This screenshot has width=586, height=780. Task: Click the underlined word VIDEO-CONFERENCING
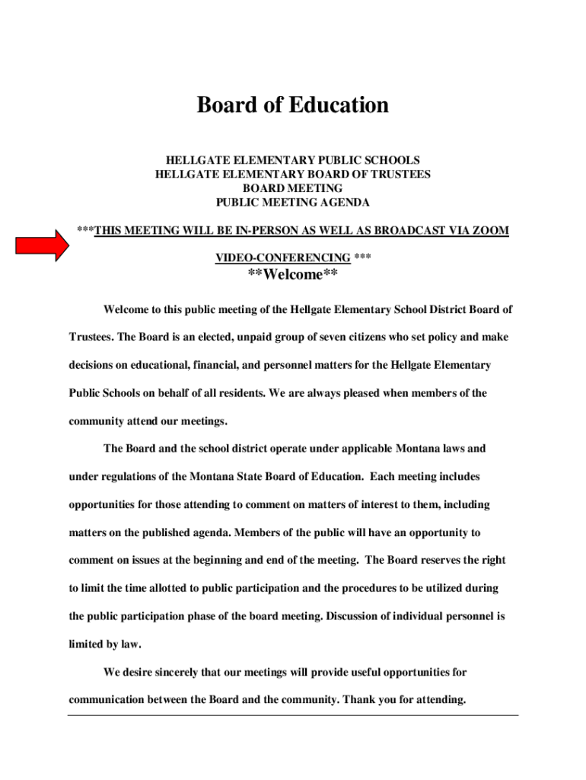pyautogui.click(x=283, y=258)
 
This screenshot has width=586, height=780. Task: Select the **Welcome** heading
pyautogui.click(x=293, y=275)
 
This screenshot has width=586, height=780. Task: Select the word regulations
pyautogui.click(x=122, y=477)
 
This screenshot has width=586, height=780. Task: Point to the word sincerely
pyautogui.click(x=175, y=672)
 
